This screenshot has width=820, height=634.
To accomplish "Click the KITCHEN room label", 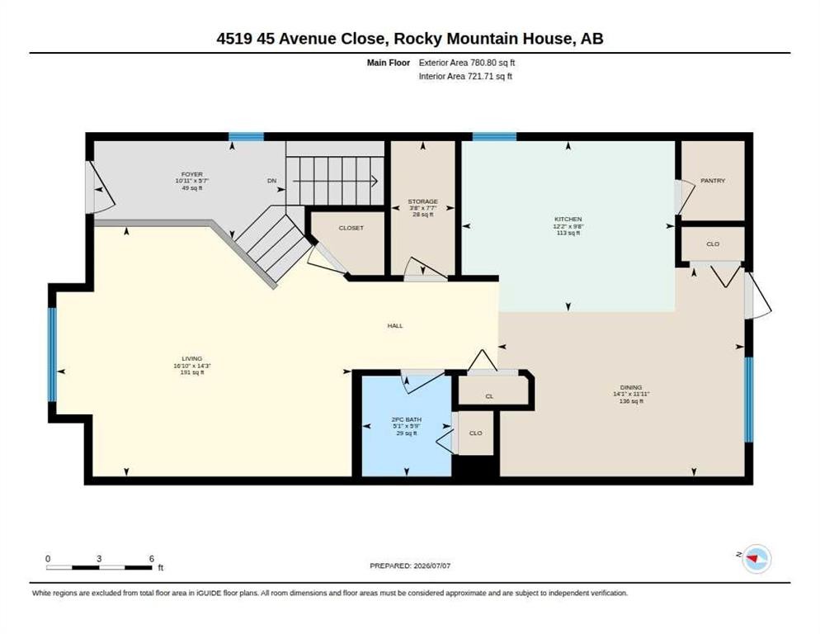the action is click(568, 220).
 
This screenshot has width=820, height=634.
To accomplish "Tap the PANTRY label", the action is click(713, 181).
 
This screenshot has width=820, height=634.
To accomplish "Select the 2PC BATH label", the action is click(407, 419).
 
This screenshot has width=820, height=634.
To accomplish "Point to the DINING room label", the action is click(631, 387).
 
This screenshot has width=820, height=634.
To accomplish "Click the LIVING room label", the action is click(192, 358).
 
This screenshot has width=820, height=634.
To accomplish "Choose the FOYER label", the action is click(192, 174).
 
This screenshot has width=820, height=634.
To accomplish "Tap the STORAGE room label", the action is click(422, 201).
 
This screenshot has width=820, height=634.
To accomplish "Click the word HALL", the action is click(395, 325).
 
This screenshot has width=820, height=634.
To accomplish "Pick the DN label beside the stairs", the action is click(272, 181).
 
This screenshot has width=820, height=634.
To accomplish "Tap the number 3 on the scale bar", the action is click(99, 559).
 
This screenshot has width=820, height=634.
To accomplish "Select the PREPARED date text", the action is click(410, 565).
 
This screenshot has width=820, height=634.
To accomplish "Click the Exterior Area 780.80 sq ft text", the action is click(467, 63).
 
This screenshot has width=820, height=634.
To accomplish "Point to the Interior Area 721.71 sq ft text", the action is click(465, 77).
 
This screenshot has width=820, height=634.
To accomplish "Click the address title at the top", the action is click(410, 39).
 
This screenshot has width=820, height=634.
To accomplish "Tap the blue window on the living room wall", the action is click(52, 354).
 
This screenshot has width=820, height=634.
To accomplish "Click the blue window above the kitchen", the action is click(494, 137).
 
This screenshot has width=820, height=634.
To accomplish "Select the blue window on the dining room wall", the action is click(749, 400).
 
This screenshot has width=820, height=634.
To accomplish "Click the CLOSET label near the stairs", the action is click(351, 229).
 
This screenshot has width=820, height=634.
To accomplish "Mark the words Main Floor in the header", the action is click(388, 63).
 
